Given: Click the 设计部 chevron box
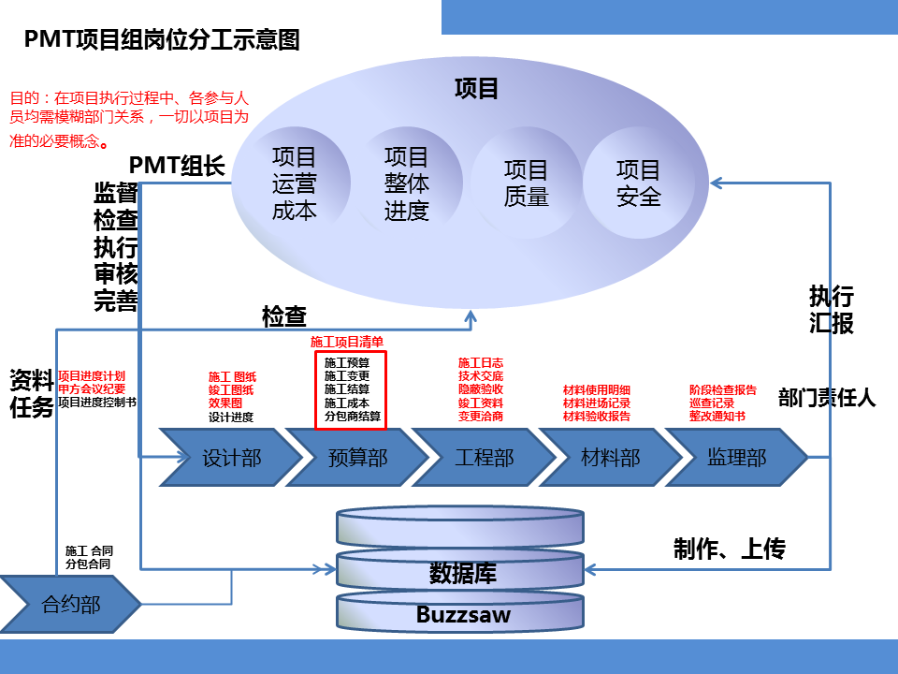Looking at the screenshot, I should click(230, 457).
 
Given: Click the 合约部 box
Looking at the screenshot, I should click(70, 605).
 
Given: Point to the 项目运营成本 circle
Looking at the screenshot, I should click(295, 183).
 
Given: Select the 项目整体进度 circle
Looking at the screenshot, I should click(407, 183).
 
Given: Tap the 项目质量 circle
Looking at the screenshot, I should click(526, 183).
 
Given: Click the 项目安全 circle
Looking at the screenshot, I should click(639, 183).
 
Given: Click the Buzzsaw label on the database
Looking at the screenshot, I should click(463, 616).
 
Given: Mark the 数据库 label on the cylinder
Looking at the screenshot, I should click(463, 572).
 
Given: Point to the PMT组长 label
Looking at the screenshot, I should click(177, 166).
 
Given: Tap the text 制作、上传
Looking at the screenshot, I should click(730, 549).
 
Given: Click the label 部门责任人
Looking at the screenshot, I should click(827, 397).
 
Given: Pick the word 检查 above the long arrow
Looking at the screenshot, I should click(284, 316).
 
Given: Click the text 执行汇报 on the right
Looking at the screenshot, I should click(831, 310).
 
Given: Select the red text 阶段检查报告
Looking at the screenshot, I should click(722, 389).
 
